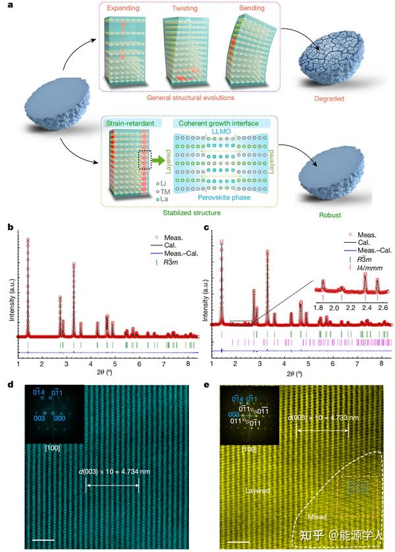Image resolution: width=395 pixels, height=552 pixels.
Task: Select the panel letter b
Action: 10,227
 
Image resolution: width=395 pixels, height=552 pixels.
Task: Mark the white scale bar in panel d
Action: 43,522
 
